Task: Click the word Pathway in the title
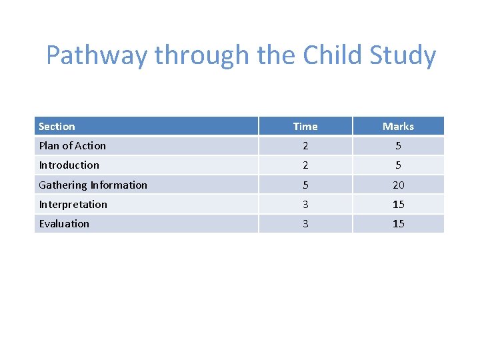pos(97,56)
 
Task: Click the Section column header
pos(57,127)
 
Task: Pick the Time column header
pos(305,127)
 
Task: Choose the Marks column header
pos(398,127)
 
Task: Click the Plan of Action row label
pos(72,146)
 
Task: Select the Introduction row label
pos(69,165)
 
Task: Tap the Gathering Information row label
pos(93,185)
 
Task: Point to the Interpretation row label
pos(73,205)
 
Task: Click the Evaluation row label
pos(64,224)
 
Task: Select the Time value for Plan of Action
pos(305,146)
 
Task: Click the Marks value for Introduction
pos(398,165)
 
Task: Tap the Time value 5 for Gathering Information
pos(305,185)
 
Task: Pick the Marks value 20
pos(398,185)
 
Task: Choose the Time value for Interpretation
pos(305,205)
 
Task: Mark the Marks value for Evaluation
pos(398,224)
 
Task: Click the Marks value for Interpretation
pos(398,205)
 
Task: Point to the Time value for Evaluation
pos(305,224)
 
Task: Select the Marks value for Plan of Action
pos(398,146)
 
